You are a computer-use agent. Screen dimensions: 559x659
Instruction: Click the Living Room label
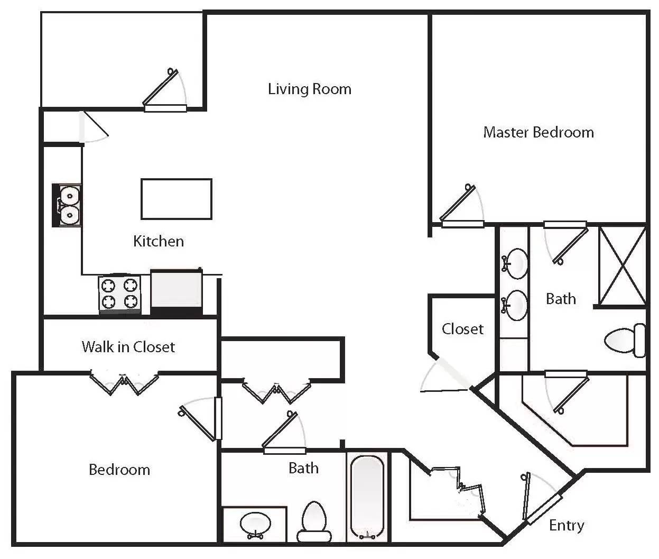pos(309,89)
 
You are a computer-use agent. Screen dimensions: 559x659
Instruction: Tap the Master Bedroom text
pos(538,132)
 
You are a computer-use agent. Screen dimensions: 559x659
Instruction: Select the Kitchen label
pos(159,241)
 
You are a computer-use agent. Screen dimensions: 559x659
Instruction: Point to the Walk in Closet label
pos(128,347)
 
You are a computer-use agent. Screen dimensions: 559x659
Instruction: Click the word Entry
pos(566,525)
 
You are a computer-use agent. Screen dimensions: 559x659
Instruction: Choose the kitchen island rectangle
pos(177,199)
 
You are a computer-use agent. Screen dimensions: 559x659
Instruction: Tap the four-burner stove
pos(119,294)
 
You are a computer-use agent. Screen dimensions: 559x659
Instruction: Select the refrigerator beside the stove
pos(177,290)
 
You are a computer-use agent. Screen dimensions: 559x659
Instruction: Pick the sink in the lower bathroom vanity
pos(255,524)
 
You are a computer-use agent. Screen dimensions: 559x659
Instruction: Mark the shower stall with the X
pos(622,265)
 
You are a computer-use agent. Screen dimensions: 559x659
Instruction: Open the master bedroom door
pos(461,206)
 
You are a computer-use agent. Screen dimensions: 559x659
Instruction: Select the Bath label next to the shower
pos(560,299)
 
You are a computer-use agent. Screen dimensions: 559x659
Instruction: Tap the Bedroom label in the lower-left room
pos(119,470)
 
